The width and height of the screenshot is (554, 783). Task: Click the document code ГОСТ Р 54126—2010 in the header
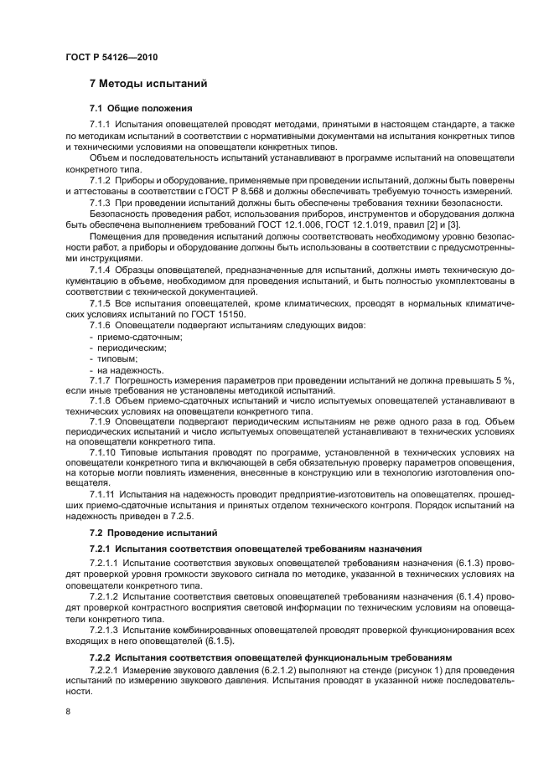(111, 57)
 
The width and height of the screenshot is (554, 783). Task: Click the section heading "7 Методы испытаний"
(148, 85)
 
